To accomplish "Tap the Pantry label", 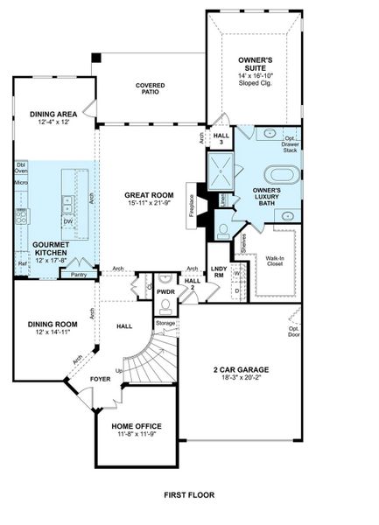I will coord(78,275).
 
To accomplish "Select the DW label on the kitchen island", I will coord(67,220).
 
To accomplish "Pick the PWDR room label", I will coord(166,290).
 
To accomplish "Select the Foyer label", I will coord(101,380).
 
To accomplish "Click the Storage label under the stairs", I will coord(165,324).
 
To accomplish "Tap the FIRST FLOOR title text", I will coord(189,495).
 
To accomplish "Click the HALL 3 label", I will coord(221,139).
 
